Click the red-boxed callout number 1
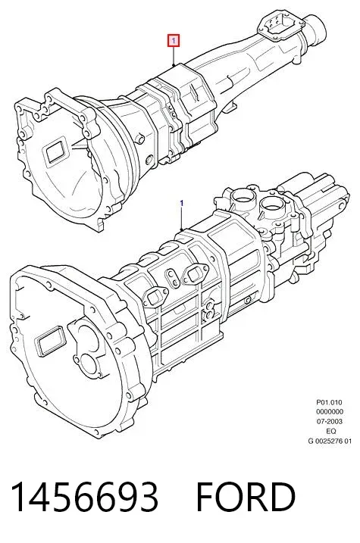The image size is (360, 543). pos(174,41)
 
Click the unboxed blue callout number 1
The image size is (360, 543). pos(182,203)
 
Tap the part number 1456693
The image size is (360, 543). pos(85,497)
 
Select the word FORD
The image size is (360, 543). pos(246,497)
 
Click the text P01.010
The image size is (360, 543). pos(329,402)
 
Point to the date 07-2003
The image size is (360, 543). pos(329,421)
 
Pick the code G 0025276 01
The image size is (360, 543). pos(330,441)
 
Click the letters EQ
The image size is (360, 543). pos(331,431)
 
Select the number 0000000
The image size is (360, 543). pos(330,412)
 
